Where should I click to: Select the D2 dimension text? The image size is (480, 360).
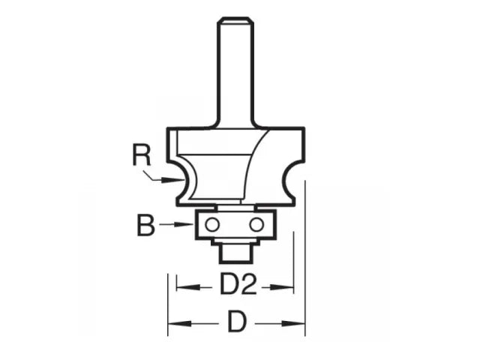[x=234, y=286]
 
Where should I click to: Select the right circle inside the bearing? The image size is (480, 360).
[x=256, y=224]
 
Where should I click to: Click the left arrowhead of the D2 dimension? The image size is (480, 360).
[x=180, y=286]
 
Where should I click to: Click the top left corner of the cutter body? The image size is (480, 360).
[x=169, y=129]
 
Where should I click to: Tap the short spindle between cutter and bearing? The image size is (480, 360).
[x=235, y=204]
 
